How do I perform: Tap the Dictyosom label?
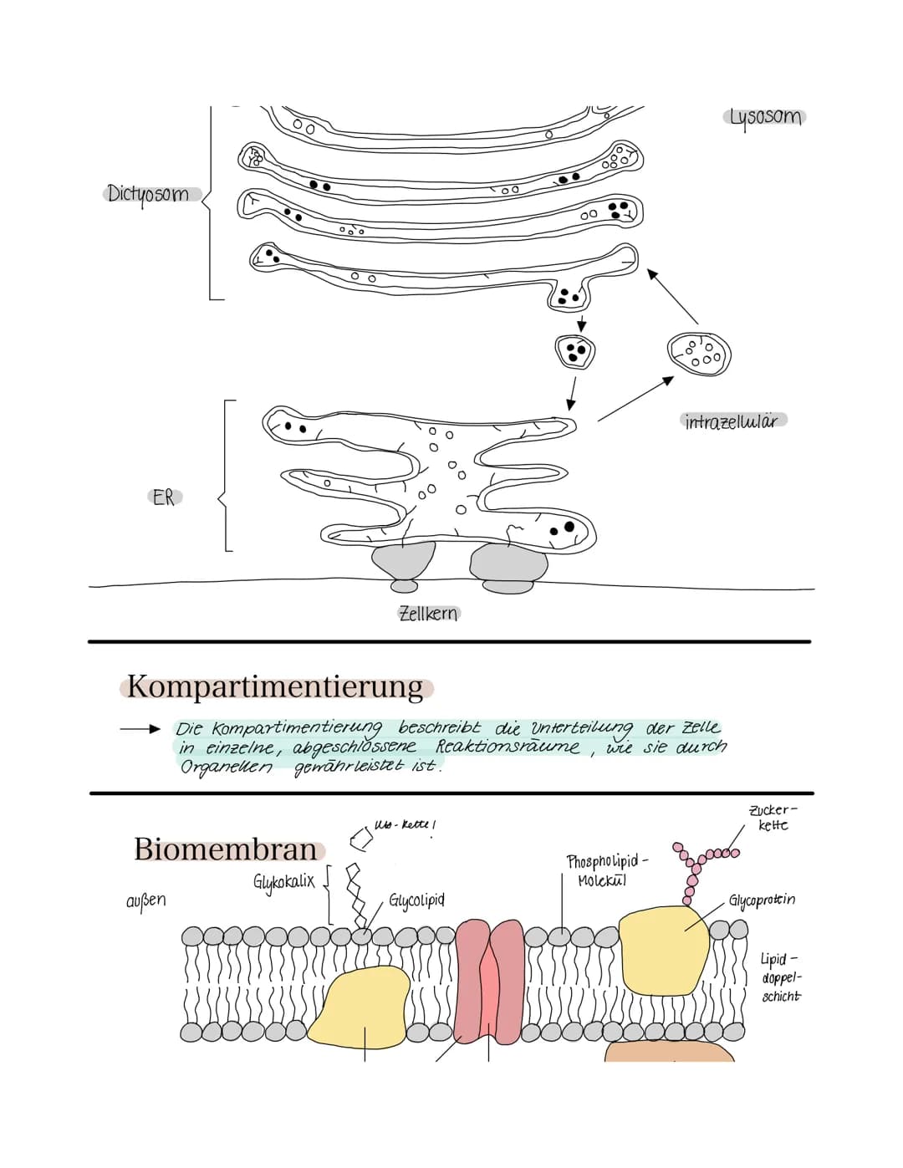click(149, 194)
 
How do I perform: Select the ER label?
click(165, 497)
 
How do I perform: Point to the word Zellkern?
click(428, 614)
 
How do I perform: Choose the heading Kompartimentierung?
click(276, 687)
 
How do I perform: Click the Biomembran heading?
click(227, 849)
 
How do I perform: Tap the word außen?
click(146, 900)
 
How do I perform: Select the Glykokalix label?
click(283, 881)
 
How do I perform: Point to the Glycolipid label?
click(416, 900)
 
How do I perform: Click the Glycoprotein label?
click(762, 900)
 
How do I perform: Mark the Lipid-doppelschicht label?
click(781, 977)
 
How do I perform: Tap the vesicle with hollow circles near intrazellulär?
click(699, 354)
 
